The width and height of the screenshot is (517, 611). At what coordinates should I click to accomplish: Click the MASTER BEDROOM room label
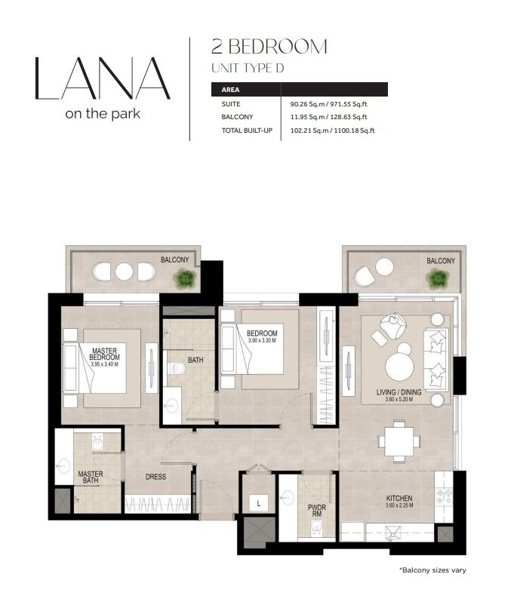pos(104,354)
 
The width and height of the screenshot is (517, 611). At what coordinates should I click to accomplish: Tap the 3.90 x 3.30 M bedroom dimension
pos(262,340)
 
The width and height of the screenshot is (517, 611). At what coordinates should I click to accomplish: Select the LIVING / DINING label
pos(399,392)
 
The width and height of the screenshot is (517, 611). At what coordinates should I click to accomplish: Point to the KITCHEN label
pos(399,498)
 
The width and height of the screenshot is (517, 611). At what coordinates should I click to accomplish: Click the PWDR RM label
pos(316,511)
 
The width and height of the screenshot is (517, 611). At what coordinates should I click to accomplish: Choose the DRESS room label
pos(155,477)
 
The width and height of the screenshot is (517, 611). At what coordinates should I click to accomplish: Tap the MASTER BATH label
pos(91,477)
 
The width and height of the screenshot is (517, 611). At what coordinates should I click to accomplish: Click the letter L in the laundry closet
pos(258,504)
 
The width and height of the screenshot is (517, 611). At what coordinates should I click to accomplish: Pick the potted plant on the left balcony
pos(184,278)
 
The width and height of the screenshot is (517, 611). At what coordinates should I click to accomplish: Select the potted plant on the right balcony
pos(437,279)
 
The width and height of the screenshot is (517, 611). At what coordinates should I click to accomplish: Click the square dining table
pos(399,441)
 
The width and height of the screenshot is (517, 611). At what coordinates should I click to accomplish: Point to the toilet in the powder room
pos(316,530)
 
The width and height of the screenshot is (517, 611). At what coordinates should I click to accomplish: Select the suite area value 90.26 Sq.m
pos(307,104)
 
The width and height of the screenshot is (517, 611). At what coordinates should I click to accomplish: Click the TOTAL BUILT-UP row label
pos(247,130)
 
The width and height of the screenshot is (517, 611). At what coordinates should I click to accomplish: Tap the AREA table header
pos(230,90)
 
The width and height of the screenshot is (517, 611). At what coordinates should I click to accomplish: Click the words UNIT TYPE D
pos(248,68)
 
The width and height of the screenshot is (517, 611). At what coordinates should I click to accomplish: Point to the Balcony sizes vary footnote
pos(432,570)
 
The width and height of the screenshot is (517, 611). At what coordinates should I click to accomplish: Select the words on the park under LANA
pos(103,114)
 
